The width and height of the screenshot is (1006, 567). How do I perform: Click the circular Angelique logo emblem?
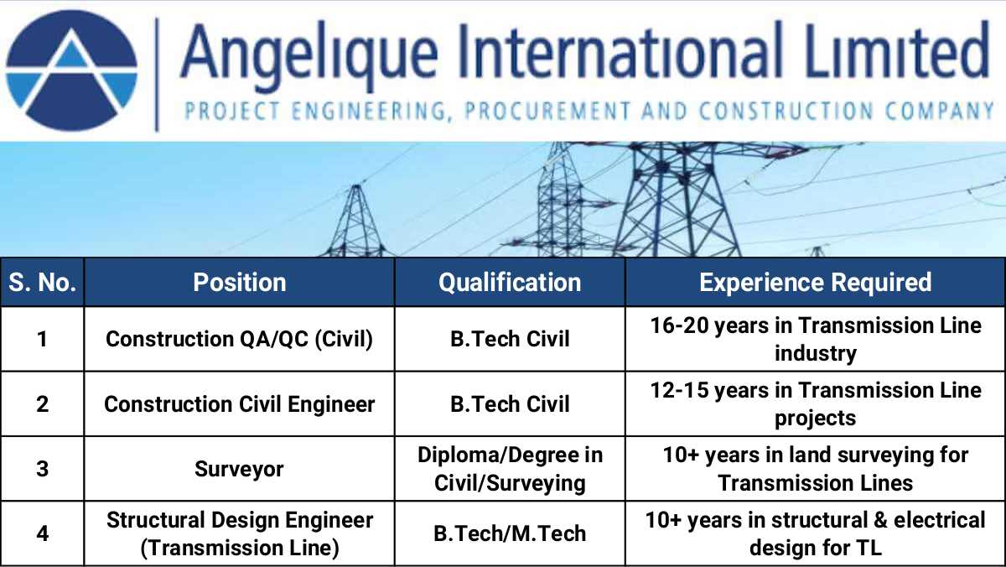click(x=71, y=70)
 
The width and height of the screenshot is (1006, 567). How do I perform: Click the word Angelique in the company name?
click(x=309, y=55)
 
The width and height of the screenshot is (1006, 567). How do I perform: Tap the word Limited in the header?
click(x=897, y=49)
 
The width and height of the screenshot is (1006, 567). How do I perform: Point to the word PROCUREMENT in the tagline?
click(x=547, y=111)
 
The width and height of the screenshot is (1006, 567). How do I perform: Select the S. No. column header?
click(x=42, y=282)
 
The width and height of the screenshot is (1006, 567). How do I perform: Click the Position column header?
click(x=240, y=282)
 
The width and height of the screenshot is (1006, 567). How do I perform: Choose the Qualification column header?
click(x=510, y=282)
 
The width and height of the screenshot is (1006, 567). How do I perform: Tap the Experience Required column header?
click(x=815, y=282)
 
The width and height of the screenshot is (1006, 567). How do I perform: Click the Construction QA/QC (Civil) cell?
click(x=240, y=339)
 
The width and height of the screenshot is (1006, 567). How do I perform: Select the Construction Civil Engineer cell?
click(x=240, y=403)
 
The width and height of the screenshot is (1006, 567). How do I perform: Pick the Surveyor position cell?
click(x=240, y=469)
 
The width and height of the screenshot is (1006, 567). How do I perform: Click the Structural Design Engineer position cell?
click(x=240, y=533)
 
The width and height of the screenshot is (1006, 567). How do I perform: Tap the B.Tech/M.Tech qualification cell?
click(x=510, y=533)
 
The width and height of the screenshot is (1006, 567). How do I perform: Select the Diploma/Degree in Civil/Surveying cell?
click(x=510, y=469)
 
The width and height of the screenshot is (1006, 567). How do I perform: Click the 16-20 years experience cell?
click(x=815, y=339)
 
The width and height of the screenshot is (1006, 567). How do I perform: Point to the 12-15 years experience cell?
click(x=815, y=403)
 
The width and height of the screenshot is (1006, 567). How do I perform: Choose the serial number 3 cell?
click(x=42, y=469)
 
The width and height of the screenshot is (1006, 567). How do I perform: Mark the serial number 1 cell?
click(x=42, y=339)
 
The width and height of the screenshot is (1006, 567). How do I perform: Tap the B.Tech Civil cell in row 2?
click(x=510, y=403)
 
